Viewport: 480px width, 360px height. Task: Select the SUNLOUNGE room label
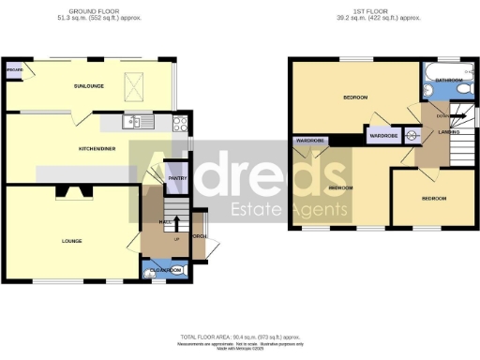(92, 85)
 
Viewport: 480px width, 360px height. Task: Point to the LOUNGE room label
(71, 241)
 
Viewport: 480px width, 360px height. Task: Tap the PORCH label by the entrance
(199, 236)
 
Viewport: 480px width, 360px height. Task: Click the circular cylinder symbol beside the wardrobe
(409, 134)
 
